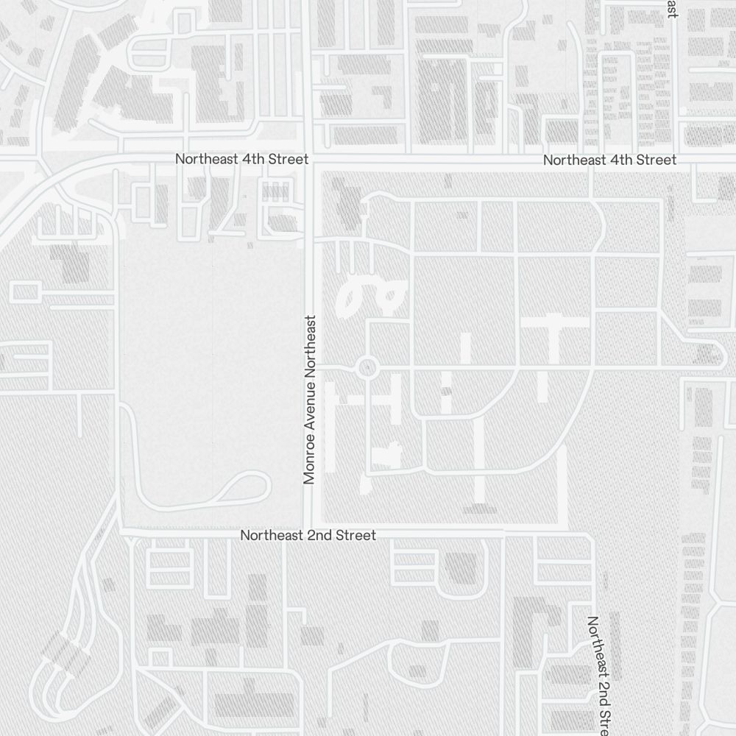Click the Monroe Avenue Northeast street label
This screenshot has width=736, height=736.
coord(309,400)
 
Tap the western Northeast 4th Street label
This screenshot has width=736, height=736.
coord(241,159)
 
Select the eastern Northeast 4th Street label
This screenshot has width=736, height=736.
coord(609,160)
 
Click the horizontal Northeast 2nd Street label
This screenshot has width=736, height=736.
coord(308,535)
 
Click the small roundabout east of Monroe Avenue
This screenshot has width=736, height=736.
coord(367,367)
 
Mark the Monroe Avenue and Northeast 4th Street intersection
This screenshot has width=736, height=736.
coord(310,160)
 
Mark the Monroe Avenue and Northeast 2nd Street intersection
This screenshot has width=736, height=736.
coord(310,530)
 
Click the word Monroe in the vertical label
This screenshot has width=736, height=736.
coord(309,462)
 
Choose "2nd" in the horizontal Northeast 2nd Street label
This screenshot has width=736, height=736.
coord(318,535)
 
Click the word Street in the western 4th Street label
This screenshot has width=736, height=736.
coord(289,159)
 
